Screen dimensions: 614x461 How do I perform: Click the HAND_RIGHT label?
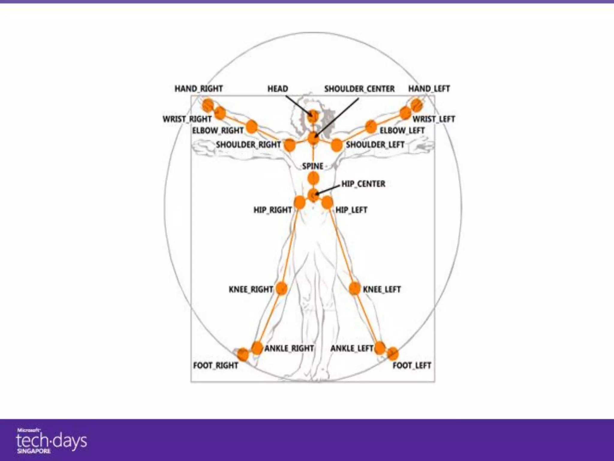coord(198,89)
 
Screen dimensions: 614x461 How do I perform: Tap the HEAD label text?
coord(278,89)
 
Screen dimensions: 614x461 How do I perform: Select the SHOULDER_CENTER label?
coord(359,89)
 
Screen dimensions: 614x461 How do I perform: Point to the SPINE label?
coord(313,166)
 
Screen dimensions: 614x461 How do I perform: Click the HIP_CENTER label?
coord(363,184)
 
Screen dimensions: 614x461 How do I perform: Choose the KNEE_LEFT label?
coord(382,289)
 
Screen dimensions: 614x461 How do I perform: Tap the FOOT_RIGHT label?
coord(216,366)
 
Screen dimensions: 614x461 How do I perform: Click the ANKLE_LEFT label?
coord(352,348)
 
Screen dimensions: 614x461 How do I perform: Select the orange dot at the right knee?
coord(281,289)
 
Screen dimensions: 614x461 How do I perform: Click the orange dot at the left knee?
coord(354,289)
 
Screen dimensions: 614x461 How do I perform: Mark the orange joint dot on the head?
coord(313,116)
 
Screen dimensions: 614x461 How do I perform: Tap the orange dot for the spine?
coord(313,179)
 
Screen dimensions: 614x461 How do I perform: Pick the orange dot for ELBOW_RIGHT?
coord(252,126)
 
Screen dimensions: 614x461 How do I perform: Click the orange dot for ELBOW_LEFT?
coord(371,126)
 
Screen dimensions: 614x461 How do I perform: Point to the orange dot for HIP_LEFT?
coord(327,203)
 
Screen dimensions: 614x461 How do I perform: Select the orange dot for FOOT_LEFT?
coord(393,354)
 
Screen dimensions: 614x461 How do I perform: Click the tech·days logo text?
coord(51,440)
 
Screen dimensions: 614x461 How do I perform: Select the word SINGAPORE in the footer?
coord(34,451)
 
